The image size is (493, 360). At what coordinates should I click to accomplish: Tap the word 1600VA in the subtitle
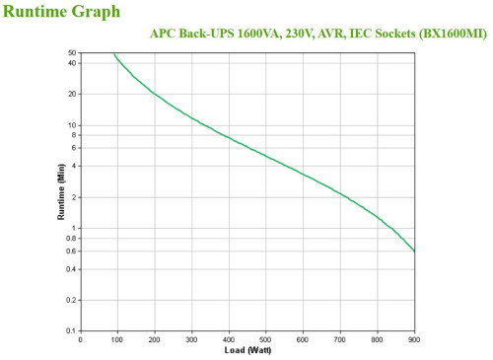pyautogui.click(x=269, y=33)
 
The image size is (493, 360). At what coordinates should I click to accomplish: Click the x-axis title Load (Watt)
pyautogui.click(x=246, y=351)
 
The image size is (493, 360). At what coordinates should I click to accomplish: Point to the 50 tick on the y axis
pyautogui.click(x=72, y=52)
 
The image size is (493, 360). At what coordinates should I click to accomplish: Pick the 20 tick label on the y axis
pyautogui.click(x=72, y=94)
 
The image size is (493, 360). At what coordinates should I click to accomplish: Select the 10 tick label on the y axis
pyautogui.click(x=72, y=125)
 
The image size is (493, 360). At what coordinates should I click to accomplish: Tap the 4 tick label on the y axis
pyautogui.click(x=74, y=166)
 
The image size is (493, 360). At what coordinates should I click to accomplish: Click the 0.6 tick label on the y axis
pyautogui.click(x=70, y=251)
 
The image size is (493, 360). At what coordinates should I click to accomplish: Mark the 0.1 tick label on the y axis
pyautogui.click(x=70, y=330)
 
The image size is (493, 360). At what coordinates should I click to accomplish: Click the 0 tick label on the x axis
pyautogui.click(x=81, y=340)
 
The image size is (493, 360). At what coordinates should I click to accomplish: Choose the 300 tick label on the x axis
pyautogui.click(x=192, y=340)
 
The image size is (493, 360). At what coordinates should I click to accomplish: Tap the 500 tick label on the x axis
pyautogui.click(x=266, y=340)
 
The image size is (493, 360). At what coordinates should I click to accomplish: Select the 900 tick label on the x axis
pyautogui.click(x=414, y=340)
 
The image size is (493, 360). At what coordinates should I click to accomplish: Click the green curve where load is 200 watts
pyautogui.click(x=155, y=94)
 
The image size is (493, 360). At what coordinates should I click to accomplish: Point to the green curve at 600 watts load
pyautogui.click(x=303, y=175)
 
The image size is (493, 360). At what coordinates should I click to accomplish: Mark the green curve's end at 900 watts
pyautogui.click(x=414, y=251)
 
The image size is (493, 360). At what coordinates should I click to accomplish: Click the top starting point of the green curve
pyautogui.click(x=113, y=53)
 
